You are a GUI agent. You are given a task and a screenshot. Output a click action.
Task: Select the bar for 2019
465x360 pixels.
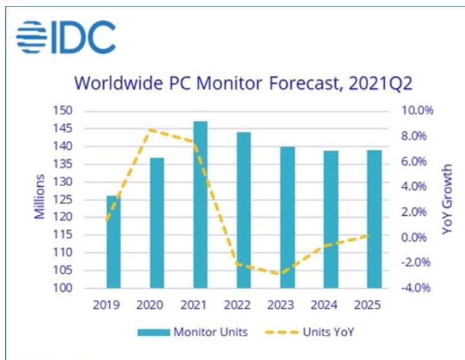tap(113, 241)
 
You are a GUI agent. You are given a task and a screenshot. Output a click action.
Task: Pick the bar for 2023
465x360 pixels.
tap(287, 217)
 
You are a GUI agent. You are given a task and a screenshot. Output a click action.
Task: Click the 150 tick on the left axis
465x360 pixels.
tap(83, 111)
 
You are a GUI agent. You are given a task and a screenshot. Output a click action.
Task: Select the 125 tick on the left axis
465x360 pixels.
tap(83, 199)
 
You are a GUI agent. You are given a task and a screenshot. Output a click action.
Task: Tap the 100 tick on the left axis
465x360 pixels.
tap(83, 288)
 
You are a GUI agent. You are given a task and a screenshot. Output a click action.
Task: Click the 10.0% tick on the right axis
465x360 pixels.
tap(418, 111)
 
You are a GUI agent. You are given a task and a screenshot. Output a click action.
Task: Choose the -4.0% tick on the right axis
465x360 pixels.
tap(419, 288)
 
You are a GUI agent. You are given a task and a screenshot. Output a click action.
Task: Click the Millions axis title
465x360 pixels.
tap(39, 196)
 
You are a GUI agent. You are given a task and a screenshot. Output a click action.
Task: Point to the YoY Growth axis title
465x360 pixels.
tap(447, 198)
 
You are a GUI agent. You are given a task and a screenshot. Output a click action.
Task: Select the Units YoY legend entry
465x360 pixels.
tap(309, 332)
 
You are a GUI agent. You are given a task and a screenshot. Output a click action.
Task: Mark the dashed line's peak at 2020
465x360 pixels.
tap(150, 130)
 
